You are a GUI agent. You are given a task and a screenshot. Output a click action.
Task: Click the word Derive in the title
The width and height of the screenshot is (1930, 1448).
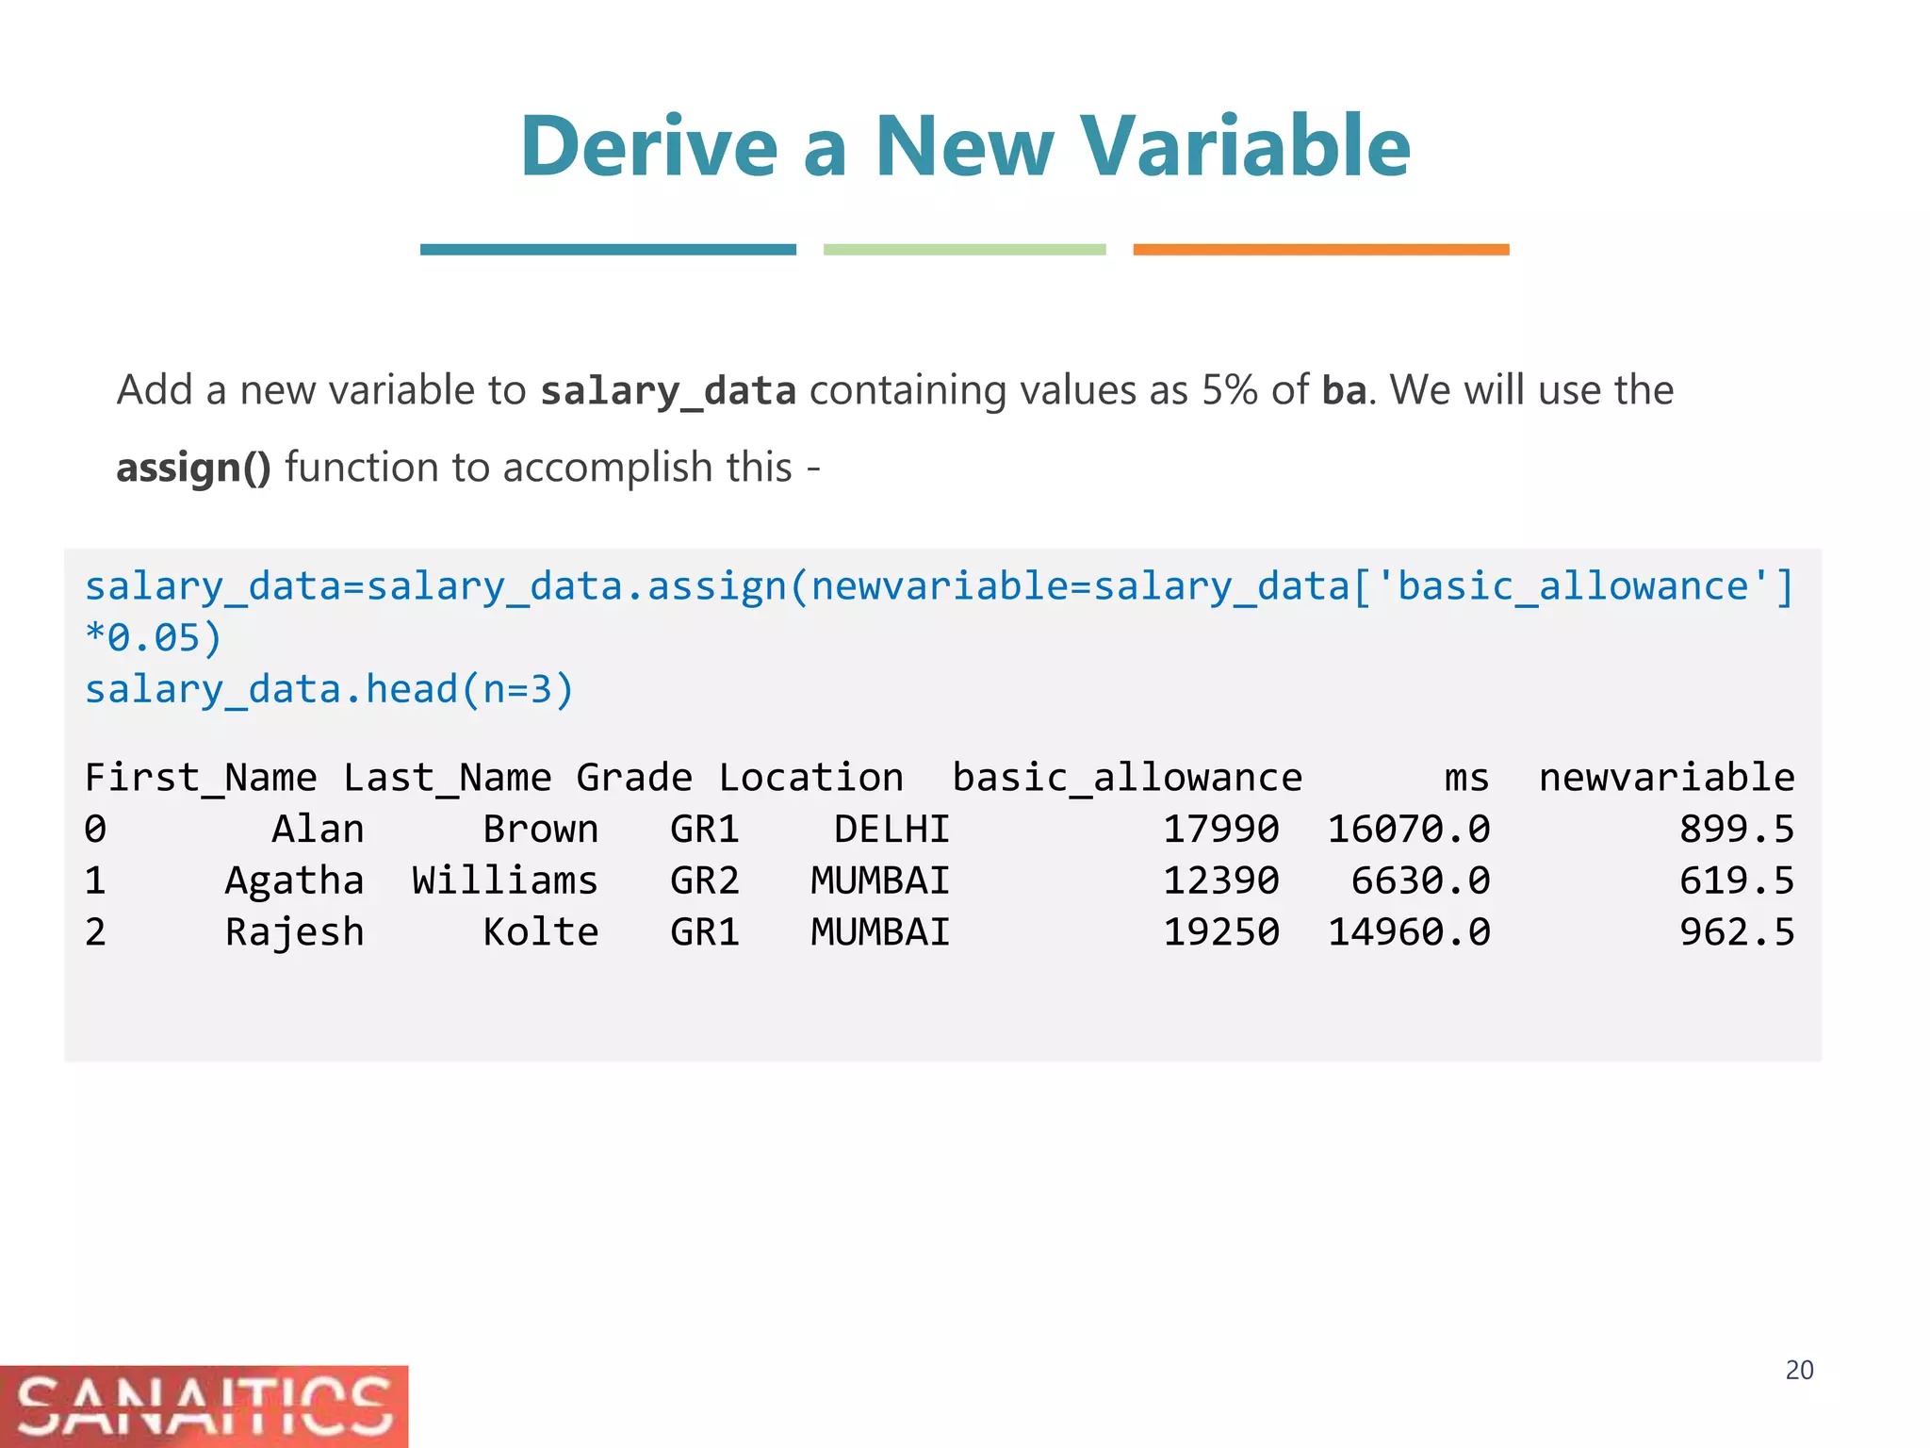(x=648, y=147)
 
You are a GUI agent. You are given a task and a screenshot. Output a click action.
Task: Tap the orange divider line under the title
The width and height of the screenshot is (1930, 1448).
(x=1320, y=250)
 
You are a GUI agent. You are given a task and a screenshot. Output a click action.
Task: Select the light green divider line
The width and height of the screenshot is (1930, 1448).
(x=964, y=250)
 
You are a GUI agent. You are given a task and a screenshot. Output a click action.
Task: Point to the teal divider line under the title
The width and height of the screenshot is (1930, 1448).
(x=608, y=250)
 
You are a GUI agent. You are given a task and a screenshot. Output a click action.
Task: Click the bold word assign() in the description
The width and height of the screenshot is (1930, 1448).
(x=193, y=468)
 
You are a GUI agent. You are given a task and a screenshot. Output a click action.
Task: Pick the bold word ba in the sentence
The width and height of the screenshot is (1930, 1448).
(x=1343, y=390)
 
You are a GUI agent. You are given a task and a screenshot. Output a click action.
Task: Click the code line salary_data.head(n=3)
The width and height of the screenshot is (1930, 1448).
(x=329, y=689)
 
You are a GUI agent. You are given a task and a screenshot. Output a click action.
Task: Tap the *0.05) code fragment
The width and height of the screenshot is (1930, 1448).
(x=153, y=638)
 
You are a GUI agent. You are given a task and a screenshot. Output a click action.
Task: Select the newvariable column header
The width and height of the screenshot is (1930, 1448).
(x=1666, y=778)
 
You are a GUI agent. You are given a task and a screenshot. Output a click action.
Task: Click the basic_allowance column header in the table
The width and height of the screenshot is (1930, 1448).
(x=1127, y=778)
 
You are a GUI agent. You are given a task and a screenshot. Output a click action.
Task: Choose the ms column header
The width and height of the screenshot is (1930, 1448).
(x=1466, y=778)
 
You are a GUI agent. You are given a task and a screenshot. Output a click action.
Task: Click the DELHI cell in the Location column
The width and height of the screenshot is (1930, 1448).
(x=891, y=830)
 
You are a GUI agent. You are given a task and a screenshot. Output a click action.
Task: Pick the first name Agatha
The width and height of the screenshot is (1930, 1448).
(x=294, y=880)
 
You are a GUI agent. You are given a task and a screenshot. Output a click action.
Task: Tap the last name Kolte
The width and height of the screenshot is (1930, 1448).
(x=541, y=932)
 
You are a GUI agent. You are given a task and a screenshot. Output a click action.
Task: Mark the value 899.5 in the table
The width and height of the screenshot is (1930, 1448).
(x=1737, y=830)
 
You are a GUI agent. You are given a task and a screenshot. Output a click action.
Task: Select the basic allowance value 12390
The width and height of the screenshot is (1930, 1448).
(x=1220, y=880)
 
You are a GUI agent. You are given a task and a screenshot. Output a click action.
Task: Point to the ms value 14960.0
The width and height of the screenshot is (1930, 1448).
(x=1409, y=932)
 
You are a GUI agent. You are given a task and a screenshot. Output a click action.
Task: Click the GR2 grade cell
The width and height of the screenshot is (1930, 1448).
(x=705, y=880)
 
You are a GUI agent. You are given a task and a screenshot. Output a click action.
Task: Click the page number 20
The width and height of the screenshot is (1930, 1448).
(x=1799, y=1370)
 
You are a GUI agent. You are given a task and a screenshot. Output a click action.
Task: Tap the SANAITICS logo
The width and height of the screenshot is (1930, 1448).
(x=204, y=1406)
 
